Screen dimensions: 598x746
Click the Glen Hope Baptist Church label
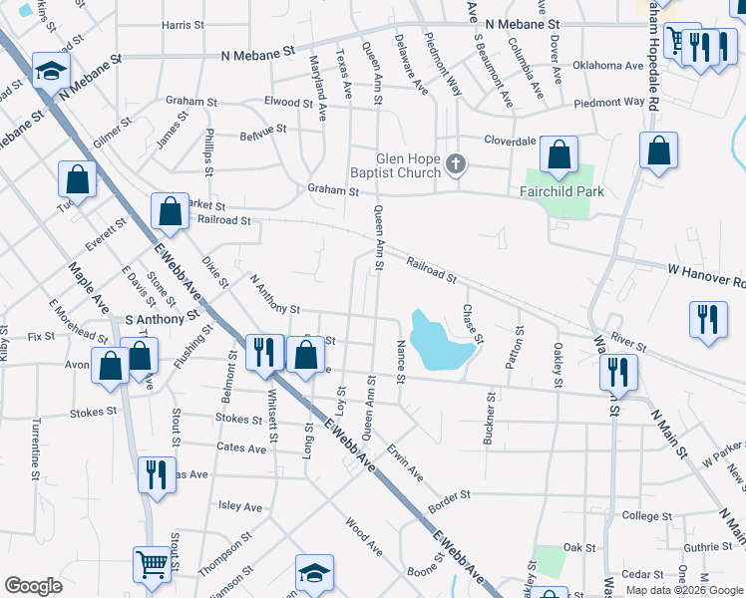coord(407,165)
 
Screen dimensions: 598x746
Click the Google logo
coord(33,586)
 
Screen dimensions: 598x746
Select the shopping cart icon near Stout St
coord(152,563)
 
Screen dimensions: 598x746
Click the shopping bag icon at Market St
coord(170,210)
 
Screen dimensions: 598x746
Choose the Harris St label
coord(183,25)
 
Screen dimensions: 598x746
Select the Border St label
coord(450,495)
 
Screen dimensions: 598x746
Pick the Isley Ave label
coord(239,506)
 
